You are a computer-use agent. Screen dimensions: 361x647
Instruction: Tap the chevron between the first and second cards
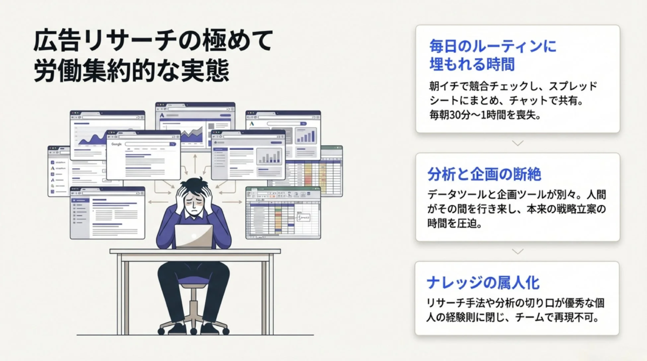tap(517, 143)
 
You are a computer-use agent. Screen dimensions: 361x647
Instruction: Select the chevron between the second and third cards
tap(517, 251)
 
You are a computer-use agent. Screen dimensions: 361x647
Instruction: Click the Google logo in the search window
tap(116, 145)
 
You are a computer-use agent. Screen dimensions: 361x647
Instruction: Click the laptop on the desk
tap(194, 236)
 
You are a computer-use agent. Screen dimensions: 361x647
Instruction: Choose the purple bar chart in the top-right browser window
tap(306, 135)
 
